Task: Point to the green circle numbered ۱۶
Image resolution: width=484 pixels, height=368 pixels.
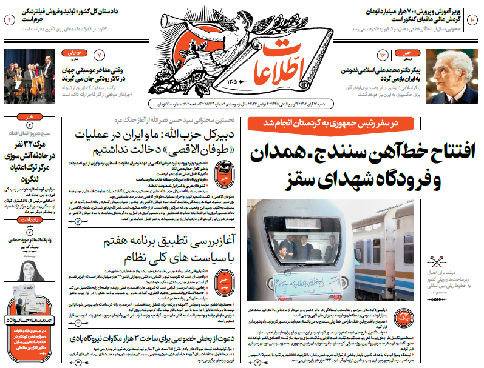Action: [x=383, y=56]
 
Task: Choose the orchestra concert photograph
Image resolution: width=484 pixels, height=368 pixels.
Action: [x=29, y=76]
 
